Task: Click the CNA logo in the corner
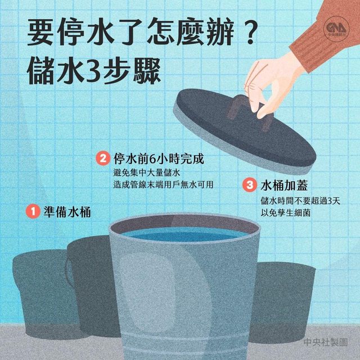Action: [x=336, y=29]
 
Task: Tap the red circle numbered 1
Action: [x=33, y=211]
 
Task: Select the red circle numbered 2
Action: [x=102, y=158]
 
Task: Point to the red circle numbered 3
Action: [x=250, y=185]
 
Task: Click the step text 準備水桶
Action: [x=67, y=211]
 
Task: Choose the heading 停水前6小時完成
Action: [x=159, y=159]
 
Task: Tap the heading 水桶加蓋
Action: [x=284, y=185]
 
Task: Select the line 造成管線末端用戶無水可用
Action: [x=163, y=184]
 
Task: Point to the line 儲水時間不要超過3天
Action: [x=300, y=201]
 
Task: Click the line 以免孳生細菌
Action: [x=285, y=213]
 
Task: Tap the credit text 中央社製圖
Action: [x=326, y=343]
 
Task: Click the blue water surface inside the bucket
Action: [x=184, y=235]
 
